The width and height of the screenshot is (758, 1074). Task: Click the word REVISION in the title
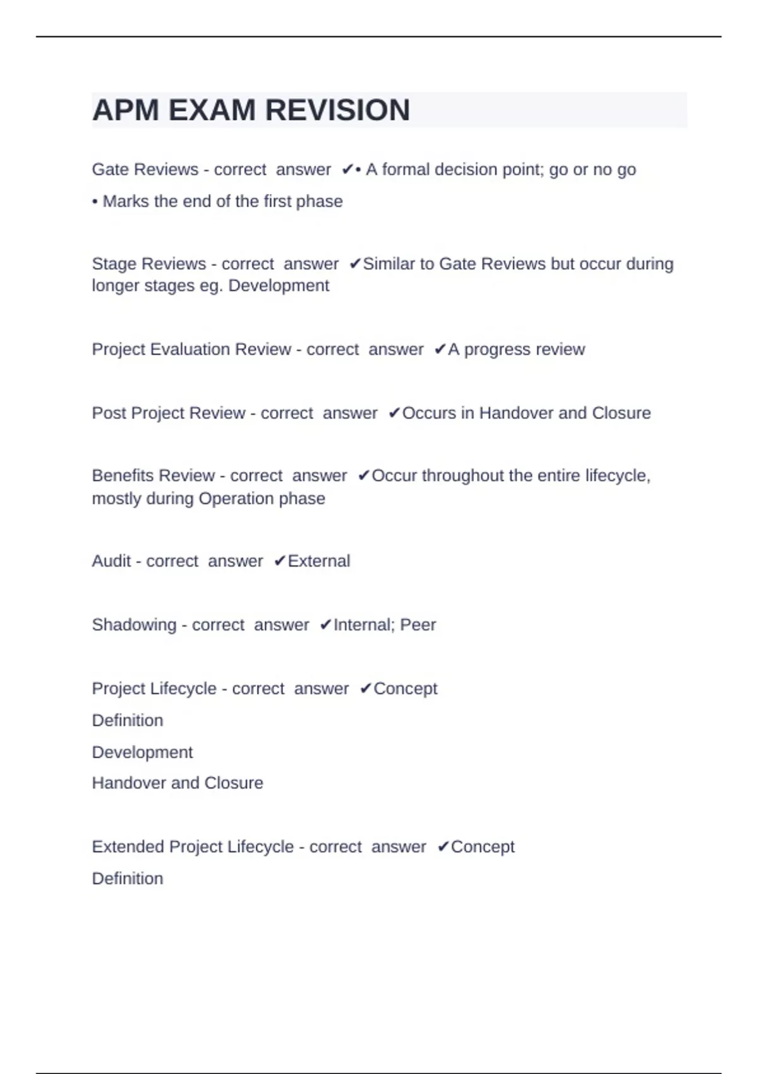click(x=337, y=111)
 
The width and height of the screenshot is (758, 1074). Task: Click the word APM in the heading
click(x=125, y=111)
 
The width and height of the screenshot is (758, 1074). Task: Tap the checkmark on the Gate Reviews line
click(x=347, y=169)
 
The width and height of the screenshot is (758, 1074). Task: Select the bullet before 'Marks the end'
click(x=95, y=202)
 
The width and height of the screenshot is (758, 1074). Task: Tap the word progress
click(x=494, y=349)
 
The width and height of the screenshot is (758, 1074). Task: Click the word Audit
click(x=111, y=561)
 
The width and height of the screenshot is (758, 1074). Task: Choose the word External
click(x=318, y=561)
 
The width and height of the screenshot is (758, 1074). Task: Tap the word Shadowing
click(x=134, y=625)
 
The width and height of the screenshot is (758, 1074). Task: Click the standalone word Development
click(x=142, y=752)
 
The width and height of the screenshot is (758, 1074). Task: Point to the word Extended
click(x=128, y=847)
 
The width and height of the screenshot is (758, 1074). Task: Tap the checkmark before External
click(x=280, y=561)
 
